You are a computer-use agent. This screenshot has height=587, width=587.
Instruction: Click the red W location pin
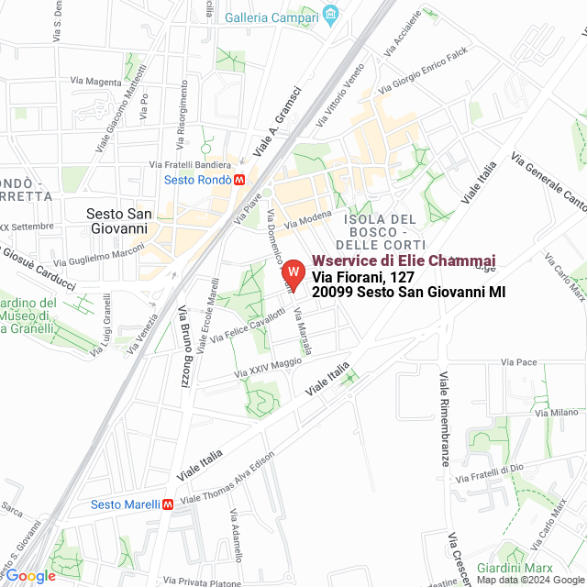click(x=293, y=273)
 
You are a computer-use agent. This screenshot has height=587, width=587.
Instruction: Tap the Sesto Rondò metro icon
click(x=239, y=180)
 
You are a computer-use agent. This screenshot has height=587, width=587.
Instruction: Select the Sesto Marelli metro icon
click(x=168, y=504)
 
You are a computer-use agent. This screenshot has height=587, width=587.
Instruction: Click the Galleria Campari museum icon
click(x=331, y=17)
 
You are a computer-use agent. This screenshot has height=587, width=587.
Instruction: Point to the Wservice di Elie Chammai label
click(x=404, y=261)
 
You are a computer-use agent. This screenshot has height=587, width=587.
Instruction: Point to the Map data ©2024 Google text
click(x=530, y=580)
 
